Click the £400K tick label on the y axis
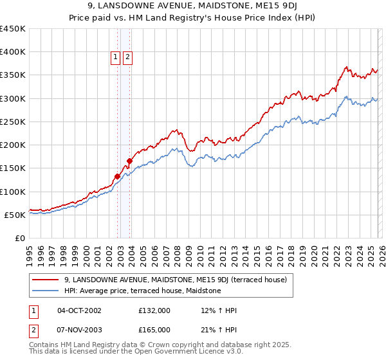pos(13,52)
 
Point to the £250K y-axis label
pos(13,122)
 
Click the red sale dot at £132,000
pos(118,176)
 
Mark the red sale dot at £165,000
pos(130,161)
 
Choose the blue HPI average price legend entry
pos(142,291)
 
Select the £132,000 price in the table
pos(154,310)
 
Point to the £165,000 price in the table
pos(154,330)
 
